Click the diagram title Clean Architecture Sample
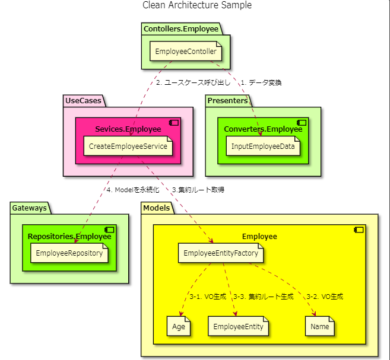[197, 5]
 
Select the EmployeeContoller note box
[186, 52]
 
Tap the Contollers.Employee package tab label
[180, 28]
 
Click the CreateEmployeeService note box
[128, 146]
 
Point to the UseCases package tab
[83, 101]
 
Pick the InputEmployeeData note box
[263, 146]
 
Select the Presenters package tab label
[227, 101]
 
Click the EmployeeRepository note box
[69, 253]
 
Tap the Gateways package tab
[30, 208]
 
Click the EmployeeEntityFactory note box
[221, 253]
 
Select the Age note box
[179, 326]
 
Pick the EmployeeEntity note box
[238, 326]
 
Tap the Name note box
[320, 326]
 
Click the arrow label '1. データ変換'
[261, 82]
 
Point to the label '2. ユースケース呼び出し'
[193, 82]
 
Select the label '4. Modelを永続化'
[133, 190]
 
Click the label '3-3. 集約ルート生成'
[263, 296]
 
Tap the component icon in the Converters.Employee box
[301, 122]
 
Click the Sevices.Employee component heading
[128, 129]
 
